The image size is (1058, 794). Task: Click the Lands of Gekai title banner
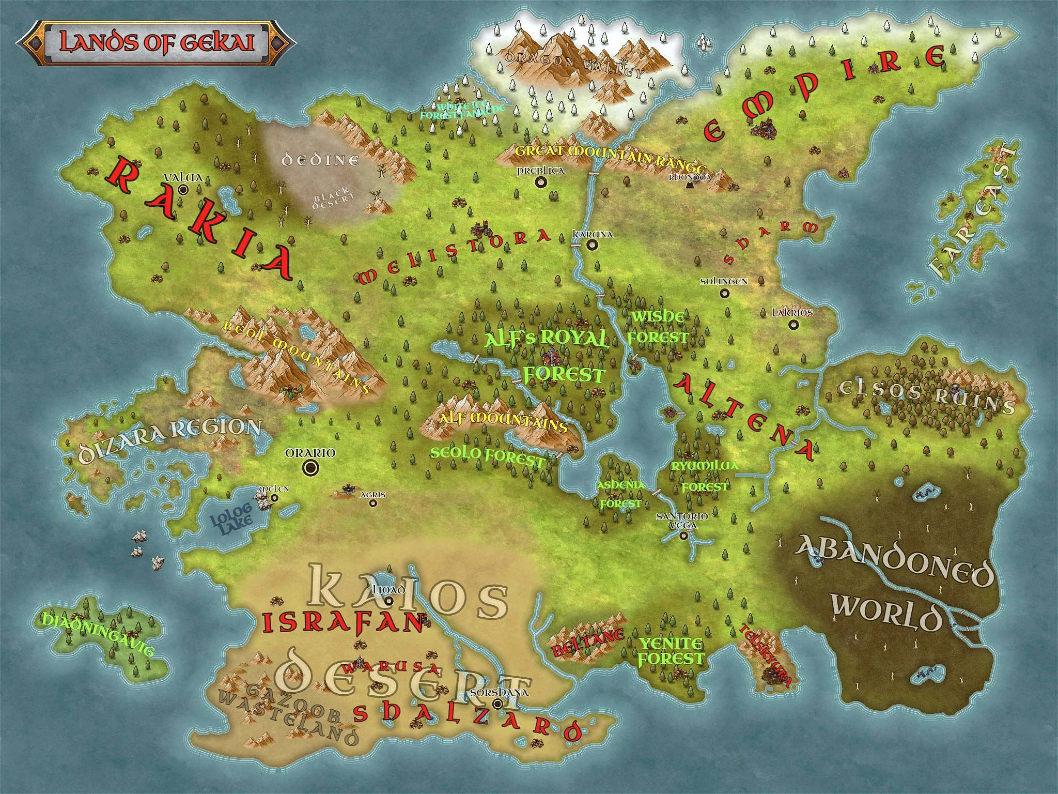(x=155, y=43)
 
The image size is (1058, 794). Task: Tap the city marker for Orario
(x=310, y=468)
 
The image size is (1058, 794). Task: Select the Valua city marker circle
(x=183, y=190)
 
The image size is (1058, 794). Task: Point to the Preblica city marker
(x=541, y=181)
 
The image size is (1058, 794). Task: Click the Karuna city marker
(x=592, y=245)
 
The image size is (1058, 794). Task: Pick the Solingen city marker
(x=725, y=293)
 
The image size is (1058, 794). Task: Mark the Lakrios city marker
(x=793, y=325)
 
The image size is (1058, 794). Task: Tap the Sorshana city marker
(x=498, y=704)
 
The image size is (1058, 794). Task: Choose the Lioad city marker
(x=389, y=601)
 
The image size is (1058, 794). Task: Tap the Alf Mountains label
(x=503, y=421)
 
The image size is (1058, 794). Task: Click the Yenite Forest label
(x=671, y=651)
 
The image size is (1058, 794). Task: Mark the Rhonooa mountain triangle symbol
(x=689, y=185)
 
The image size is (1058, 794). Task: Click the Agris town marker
(x=373, y=503)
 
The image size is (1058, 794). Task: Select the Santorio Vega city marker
(x=684, y=536)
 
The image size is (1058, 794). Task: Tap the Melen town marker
(x=275, y=498)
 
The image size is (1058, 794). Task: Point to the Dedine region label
(x=320, y=160)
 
